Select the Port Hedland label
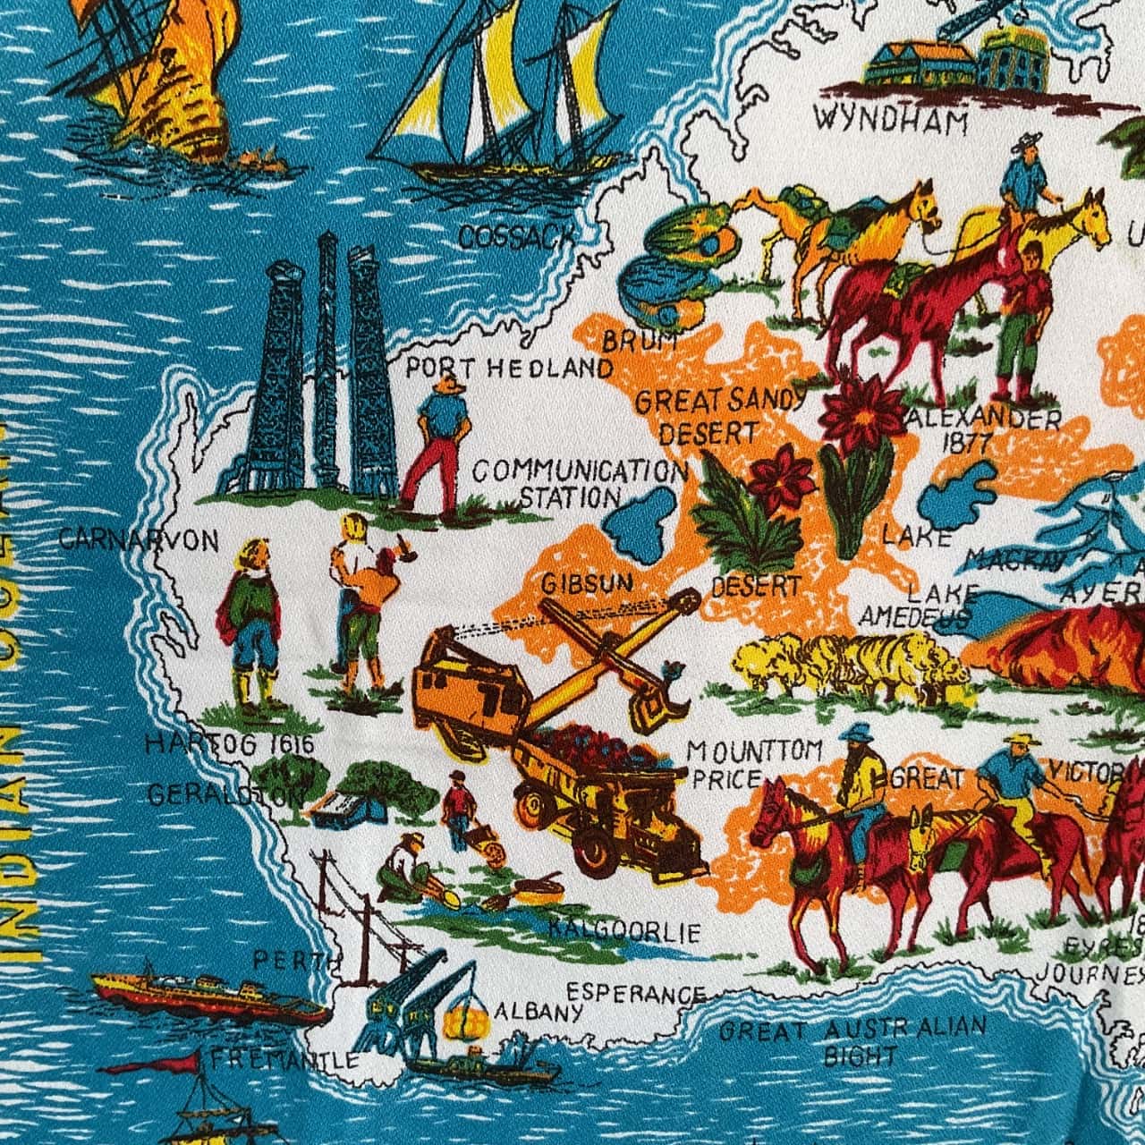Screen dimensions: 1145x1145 click(x=510, y=368)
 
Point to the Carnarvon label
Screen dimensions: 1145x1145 click(x=140, y=539)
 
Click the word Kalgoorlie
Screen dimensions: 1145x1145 click(x=625, y=933)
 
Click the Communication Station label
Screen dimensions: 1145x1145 click(x=576, y=483)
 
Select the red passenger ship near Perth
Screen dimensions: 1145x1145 click(x=209, y=993)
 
